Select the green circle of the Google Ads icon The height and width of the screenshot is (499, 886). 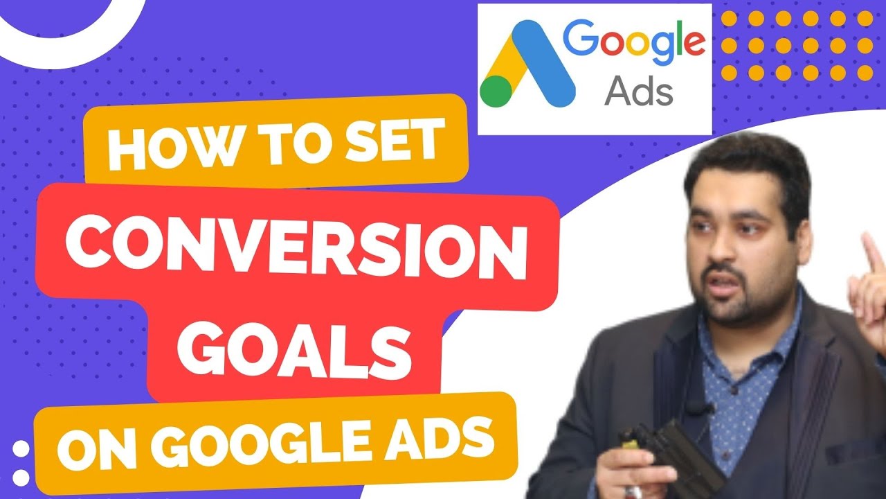[496, 90]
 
